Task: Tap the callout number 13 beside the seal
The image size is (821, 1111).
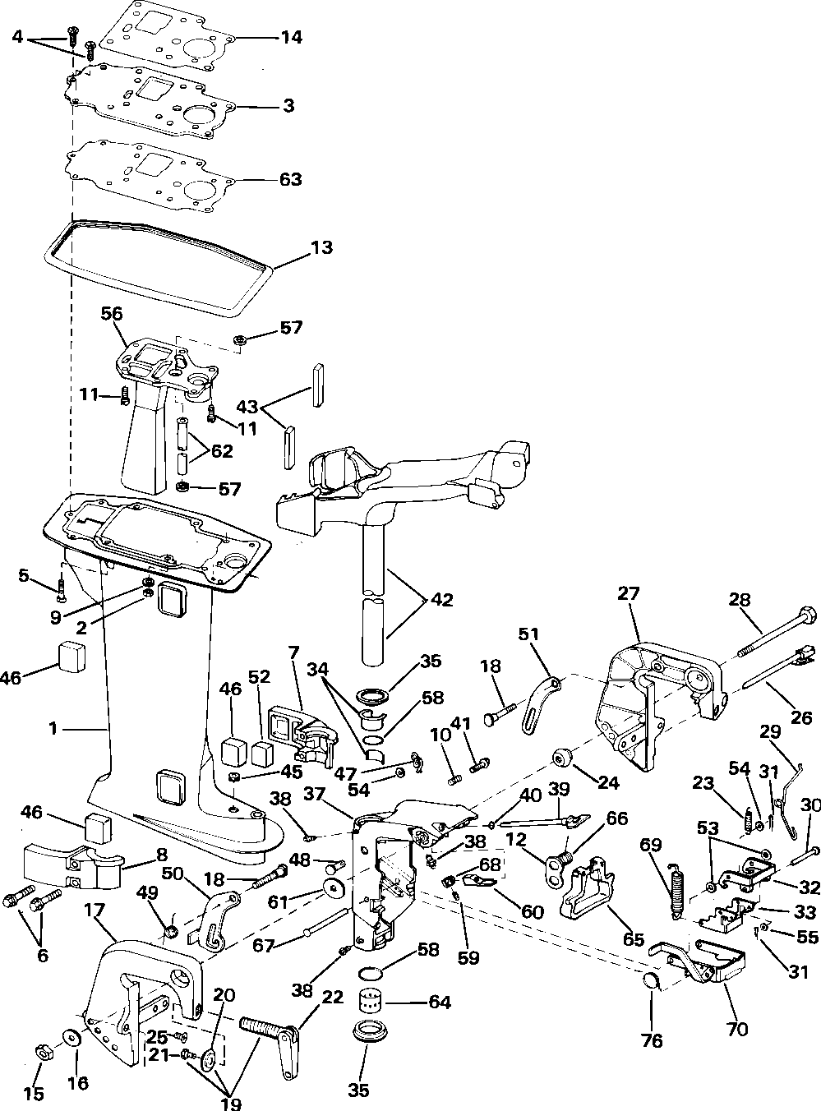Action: [x=321, y=247]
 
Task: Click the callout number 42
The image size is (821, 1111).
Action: [x=441, y=600]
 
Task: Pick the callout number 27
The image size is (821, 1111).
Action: [x=628, y=593]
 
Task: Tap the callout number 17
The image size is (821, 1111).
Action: [x=95, y=910]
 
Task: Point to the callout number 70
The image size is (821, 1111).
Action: [x=737, y=1027]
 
